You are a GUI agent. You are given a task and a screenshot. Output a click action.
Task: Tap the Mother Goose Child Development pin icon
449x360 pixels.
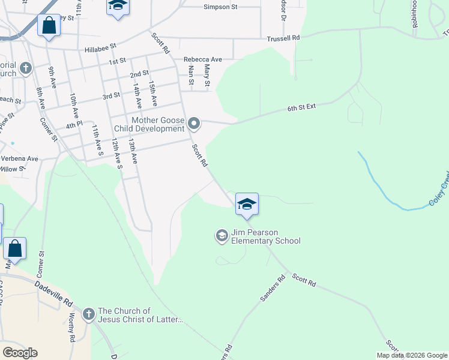194,124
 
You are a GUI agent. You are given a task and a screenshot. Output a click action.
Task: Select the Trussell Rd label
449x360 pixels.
283,38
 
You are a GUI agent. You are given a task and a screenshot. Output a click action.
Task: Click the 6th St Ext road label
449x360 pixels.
301,107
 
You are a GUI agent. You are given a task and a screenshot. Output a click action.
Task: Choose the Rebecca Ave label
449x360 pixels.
203,59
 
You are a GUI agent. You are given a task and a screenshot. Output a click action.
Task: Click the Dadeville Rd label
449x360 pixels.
53,293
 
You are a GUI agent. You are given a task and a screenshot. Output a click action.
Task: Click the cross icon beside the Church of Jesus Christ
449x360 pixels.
88,314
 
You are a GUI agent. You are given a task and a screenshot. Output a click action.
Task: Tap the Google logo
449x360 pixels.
20,353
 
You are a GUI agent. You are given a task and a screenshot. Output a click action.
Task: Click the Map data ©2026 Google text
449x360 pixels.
412,355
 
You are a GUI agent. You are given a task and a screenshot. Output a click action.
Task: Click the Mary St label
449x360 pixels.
207,76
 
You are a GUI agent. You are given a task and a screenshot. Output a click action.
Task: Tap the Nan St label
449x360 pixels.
191,75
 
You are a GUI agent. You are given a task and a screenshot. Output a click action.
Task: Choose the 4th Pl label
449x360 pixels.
73,125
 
